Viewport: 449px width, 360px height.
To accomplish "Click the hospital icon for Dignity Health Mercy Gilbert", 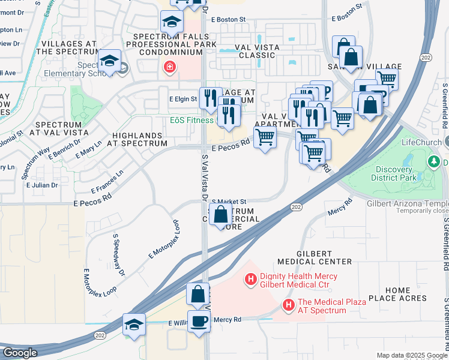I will pos(251,279).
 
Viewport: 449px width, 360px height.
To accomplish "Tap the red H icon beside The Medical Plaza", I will pos(289,306).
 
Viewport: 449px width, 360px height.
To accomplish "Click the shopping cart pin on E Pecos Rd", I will pos(265,137).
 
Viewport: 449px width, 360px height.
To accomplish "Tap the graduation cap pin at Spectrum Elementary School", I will pos(110,61).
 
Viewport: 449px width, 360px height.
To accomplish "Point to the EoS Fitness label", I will pos(191,121).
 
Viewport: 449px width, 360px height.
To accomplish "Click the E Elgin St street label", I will pos(183,98).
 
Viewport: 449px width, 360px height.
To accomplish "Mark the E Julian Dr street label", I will pos(41,185).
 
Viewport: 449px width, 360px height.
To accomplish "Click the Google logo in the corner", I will pos(20,352).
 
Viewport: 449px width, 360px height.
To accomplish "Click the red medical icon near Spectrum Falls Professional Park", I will pos(170,67).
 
